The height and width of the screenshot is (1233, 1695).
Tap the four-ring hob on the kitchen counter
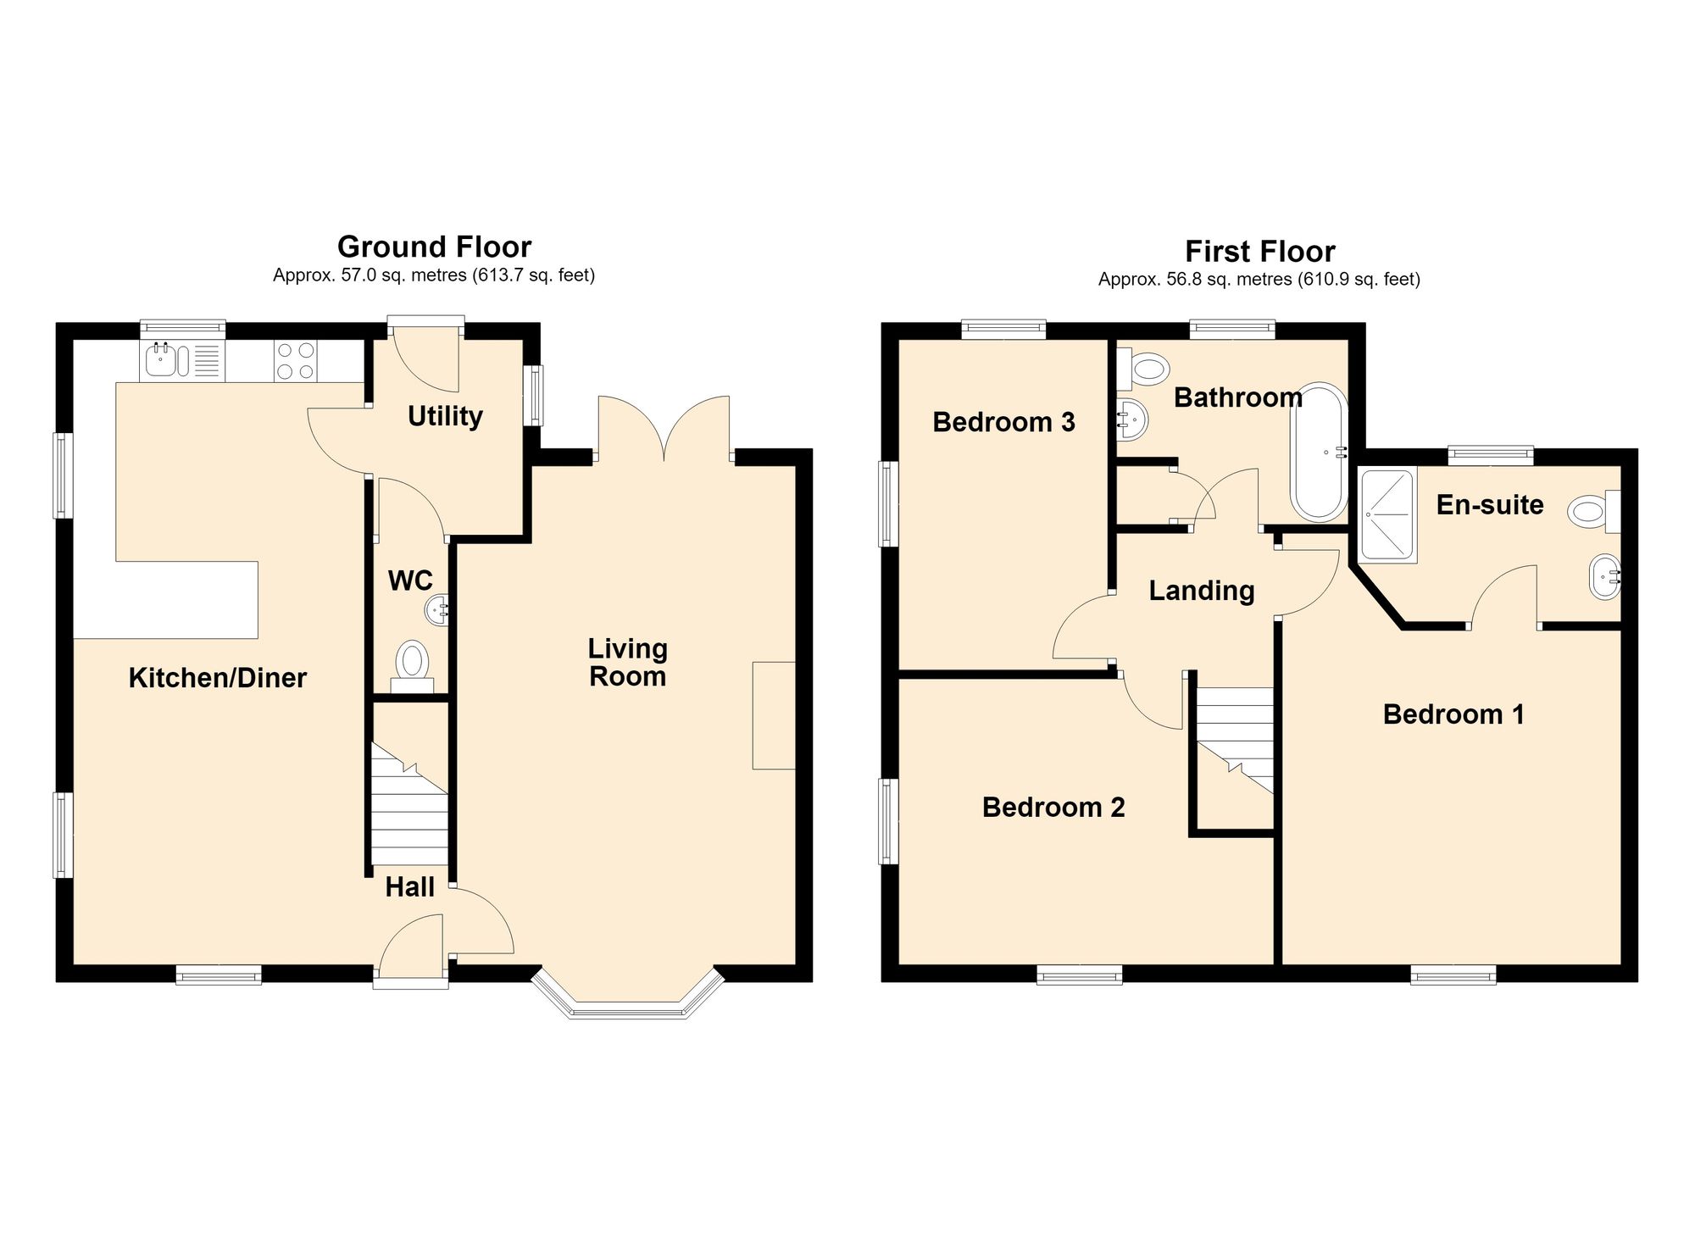(296, 360)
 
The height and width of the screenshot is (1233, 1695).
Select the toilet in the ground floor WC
(413, 665)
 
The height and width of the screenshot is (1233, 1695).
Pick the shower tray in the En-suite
(1388, 517)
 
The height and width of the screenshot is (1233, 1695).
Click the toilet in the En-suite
(1594, 512)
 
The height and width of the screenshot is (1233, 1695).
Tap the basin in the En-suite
(1605, 578)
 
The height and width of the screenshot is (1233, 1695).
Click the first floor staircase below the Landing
(1235, 740)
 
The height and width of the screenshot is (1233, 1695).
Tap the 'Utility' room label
(445, 416)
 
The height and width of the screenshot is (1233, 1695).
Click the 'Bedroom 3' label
(1003, 422)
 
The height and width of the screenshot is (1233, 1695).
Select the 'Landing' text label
(1202, 591)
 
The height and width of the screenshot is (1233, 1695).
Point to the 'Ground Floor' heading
(434, 247)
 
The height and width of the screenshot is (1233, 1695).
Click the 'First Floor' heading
(1259, 252)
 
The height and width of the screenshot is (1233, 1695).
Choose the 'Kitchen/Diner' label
(217, 678)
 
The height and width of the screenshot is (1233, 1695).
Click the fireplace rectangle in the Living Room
(775, 715)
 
